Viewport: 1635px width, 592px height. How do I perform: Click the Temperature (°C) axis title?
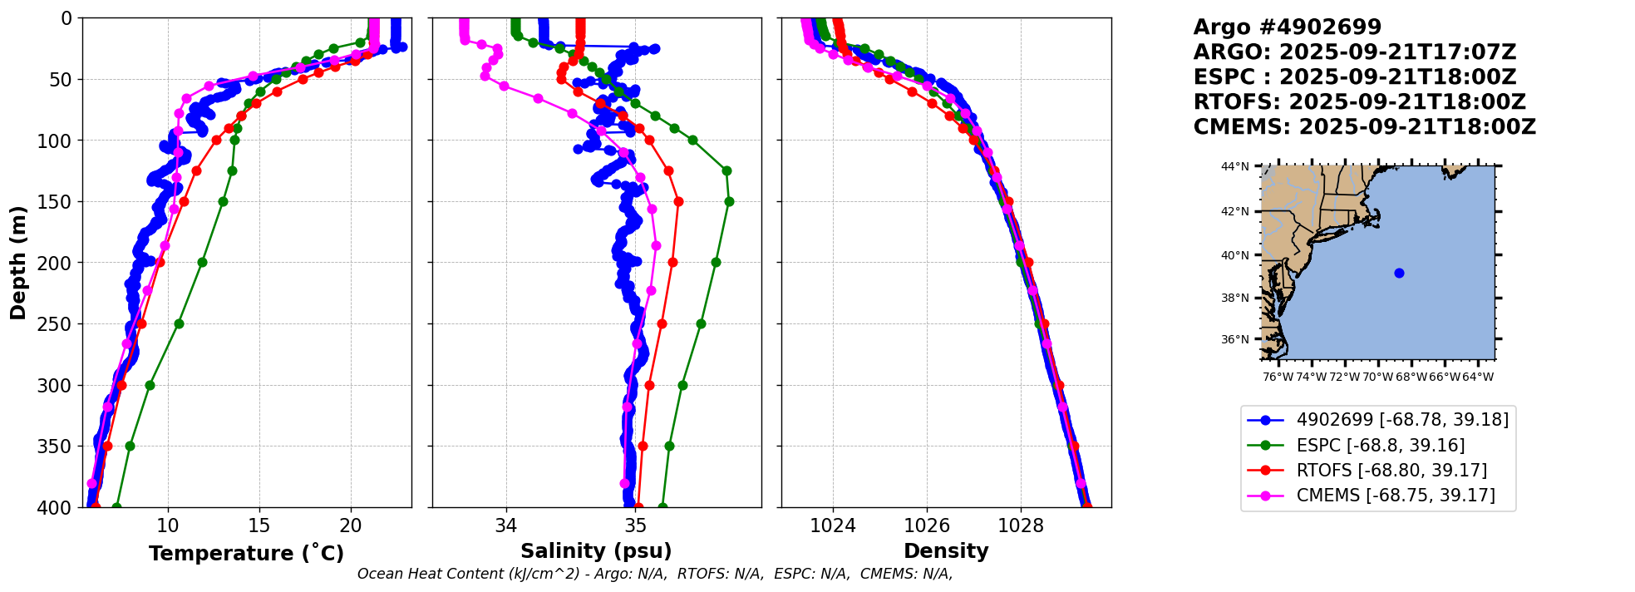[246, 553]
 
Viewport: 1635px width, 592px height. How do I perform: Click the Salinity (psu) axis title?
[596, 550]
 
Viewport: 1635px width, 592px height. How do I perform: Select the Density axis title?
[946, 550]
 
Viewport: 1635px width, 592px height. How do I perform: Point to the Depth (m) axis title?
[17, 263]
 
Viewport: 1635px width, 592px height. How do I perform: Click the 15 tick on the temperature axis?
[259, 525]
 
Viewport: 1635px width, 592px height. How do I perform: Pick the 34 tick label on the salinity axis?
[505, 525]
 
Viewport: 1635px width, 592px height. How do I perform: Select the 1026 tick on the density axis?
[927, 525]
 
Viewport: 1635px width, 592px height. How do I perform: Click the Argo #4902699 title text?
[1287, 27]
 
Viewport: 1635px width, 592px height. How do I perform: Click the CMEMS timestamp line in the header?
[1364, 127]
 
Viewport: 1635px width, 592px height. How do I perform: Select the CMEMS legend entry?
[1395, 496]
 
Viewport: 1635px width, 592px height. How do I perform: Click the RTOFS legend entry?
[1391, 471]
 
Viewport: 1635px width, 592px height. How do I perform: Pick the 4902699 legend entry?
[1401, 420]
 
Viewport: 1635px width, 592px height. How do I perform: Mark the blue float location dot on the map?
[1399, 273]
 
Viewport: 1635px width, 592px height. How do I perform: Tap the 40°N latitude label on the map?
[1234, 255]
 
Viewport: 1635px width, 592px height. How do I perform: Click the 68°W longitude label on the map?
[1411, 377]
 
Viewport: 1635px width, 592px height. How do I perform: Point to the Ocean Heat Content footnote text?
[654, 574]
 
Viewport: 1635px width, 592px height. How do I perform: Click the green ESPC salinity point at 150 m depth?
[729, 201]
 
